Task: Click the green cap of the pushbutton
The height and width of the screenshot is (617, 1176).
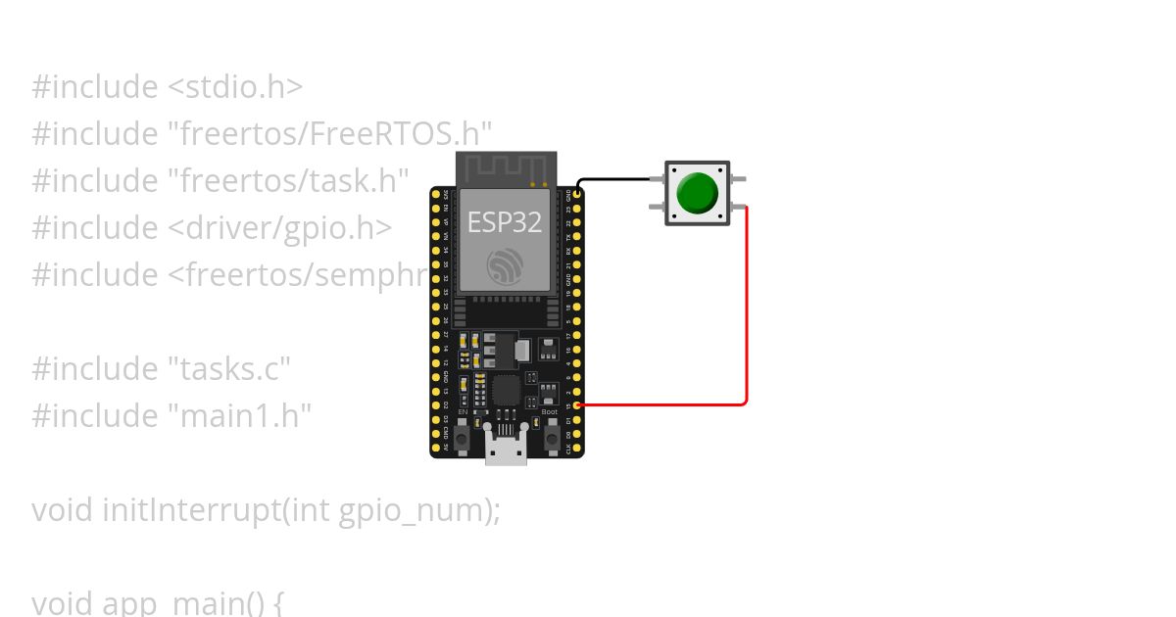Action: click(697, 193)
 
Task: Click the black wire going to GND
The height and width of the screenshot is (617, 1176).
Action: click(617, 179)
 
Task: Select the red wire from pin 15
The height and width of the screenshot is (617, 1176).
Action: click(747, 313)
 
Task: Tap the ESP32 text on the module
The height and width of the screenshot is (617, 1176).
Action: click(504, 222)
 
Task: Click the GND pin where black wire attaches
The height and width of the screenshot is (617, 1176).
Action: click(577, 194)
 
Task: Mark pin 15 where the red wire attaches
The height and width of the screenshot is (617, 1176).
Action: click(577, 405)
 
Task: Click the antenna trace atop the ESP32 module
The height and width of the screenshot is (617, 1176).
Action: click(506, 167)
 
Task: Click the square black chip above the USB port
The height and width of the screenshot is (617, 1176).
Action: click(507, 391)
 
